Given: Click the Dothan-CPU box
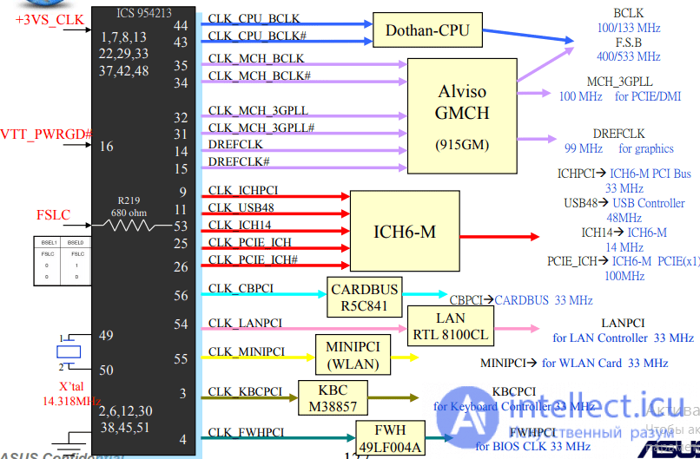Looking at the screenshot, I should coord(426,31).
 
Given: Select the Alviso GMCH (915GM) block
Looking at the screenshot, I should coord(463,113).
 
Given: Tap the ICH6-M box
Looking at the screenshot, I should coord(405,233).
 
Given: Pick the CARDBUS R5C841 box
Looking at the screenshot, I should coord(364,297).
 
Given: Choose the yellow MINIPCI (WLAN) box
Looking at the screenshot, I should coord(353,354).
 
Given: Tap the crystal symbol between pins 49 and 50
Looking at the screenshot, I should coord(68,351).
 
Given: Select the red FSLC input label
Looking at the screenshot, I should coord(53,215).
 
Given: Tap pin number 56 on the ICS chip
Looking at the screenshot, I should coord(181,296).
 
